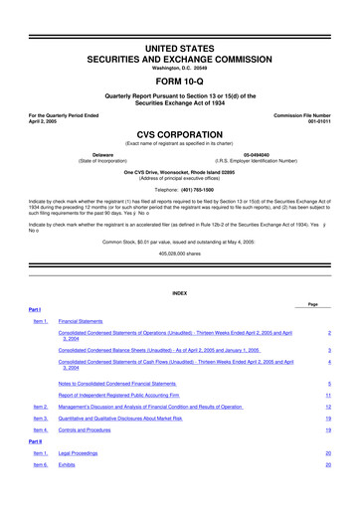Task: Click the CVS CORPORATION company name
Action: [x=180, y=131]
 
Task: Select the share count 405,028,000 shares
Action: [x=180, y=252]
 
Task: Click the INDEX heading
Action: [x=180, y=292]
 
